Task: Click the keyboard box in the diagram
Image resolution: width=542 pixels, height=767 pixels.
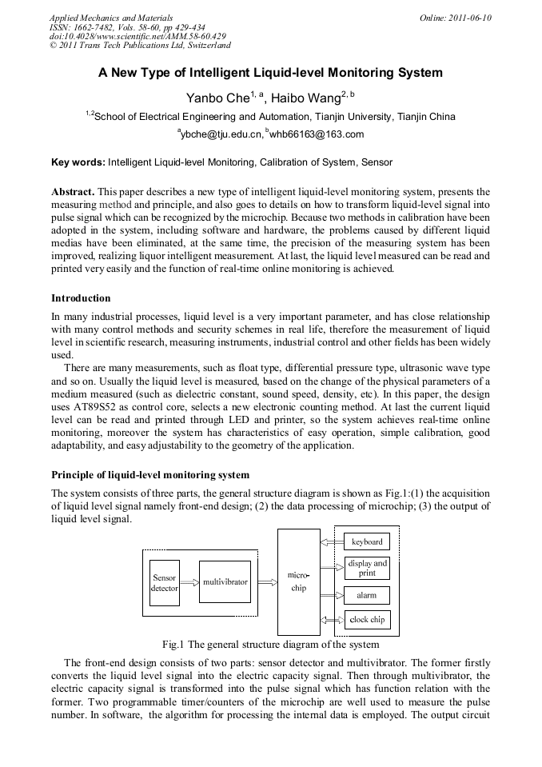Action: [x=367, y=541]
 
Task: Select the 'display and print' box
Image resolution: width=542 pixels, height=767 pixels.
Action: [x=367, y=568]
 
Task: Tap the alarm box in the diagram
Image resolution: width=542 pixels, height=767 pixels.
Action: [x=367, y=595]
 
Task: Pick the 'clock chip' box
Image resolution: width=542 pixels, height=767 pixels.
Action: [x=367, y=619]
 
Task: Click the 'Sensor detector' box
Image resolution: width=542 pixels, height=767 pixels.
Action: [x=164, y=582]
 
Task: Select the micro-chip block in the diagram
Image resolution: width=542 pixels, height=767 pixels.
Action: [x=298, y=581]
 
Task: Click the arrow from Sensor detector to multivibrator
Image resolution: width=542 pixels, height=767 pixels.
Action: [x=189, y=583]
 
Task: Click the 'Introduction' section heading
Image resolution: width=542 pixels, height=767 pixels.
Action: [x=81, y=298]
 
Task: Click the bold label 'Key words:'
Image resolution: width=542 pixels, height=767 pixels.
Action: [x=78, y=162]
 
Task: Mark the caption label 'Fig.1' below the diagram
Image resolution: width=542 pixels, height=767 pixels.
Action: [x=173, y=644]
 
